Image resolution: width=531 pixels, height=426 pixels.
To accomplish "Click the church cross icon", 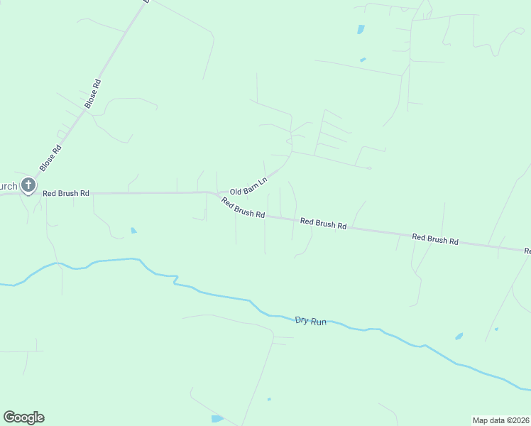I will click(x=28, y=186).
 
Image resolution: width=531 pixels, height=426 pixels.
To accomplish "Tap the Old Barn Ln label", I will click(x=248, y=187).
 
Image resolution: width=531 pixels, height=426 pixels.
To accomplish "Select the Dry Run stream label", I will click(x=310, y=321).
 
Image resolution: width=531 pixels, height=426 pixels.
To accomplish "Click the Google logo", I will click(x=23, y=417).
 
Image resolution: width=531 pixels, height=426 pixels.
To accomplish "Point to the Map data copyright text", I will click(x=500, y=420).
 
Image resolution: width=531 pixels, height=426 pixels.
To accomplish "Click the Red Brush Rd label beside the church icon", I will click(x=66, y=193).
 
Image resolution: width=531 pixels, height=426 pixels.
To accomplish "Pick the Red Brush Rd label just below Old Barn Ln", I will click(x=243, y=208).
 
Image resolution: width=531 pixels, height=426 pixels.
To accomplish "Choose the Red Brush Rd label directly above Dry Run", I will click(x=323, y=224).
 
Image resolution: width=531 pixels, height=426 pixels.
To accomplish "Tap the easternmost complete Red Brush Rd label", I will click(x=435, y=239).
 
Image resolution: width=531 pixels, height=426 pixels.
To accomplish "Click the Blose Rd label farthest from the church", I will click(x=93, y=94).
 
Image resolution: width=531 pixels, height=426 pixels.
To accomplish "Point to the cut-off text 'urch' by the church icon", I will click(x=9, y=187).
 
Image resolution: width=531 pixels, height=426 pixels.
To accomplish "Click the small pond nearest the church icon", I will click(x=133, y=230).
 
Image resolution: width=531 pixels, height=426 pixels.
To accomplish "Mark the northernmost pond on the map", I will click(x=361, y=30).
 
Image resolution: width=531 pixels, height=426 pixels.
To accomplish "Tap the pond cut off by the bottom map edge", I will click(x=217, y=419).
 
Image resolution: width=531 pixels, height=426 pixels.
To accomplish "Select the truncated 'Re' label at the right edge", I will click(x=527, y=251).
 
